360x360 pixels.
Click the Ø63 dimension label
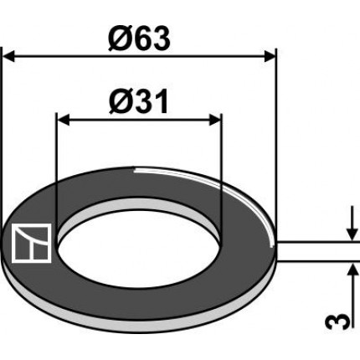[x=139, y=39]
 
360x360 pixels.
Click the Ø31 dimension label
[x=139, y=101]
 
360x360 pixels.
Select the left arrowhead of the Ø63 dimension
[x=8, y=56]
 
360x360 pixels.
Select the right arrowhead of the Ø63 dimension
[x=270, y=56]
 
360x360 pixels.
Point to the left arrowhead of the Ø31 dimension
[x=63, y=121]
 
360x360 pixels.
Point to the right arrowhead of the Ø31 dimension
[x=215, y=121]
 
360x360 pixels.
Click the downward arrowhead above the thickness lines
[x=352, y=234]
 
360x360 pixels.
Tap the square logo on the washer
[x=31, y=243]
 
